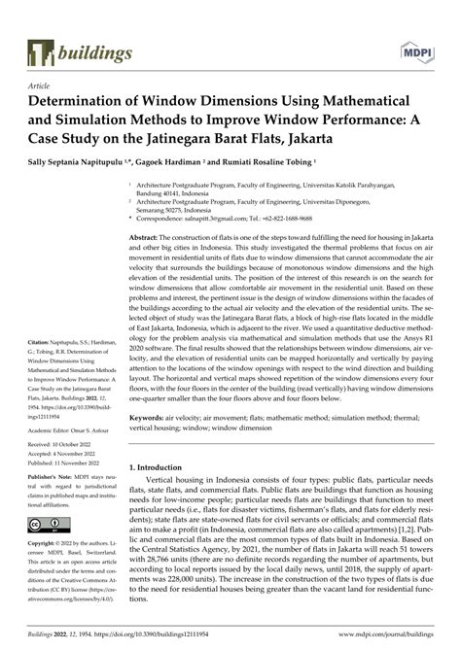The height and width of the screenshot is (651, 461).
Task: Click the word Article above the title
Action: (x=38, y=86)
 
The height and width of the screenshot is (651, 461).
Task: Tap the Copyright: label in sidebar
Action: (x=46, y=542)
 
